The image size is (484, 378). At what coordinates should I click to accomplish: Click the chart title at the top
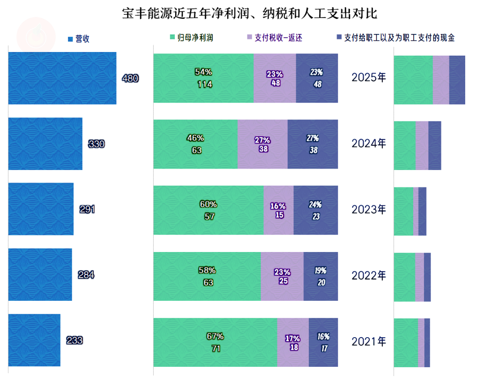coord(250,13)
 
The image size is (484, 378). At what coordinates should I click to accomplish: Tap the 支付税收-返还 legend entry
coord(277,38)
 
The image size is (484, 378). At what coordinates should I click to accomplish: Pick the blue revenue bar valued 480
coord(62,78)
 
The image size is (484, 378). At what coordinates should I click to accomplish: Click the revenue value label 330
coord(96,144)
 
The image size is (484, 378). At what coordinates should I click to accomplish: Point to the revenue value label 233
coord(74,340)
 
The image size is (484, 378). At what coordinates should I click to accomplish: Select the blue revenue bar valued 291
coord(41,209)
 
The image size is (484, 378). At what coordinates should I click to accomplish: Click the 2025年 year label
coord(369,78)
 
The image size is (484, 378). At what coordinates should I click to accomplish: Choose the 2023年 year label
coord(369,209)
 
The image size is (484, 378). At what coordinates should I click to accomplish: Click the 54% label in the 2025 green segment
coord(203,72)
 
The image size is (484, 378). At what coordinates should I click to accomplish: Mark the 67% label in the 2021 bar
coord(215,336)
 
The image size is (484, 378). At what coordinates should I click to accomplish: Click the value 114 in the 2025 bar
coord(205,84)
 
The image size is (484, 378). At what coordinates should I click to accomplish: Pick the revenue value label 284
coord(86,275)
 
